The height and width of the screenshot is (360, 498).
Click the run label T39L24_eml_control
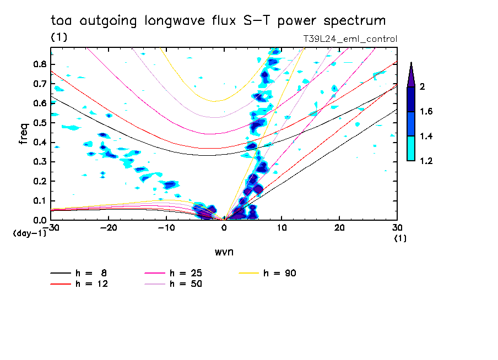pos(350,39)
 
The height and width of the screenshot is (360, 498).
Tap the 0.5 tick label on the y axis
pos(40,123)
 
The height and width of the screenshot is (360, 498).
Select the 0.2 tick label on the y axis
pos(40,182)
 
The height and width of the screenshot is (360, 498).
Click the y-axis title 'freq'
pos(23,134)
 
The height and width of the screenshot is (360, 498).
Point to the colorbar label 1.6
pos(426,112)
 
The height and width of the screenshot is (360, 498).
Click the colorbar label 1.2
pos(426,161)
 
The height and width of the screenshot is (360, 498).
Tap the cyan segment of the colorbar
pos(411,148)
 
